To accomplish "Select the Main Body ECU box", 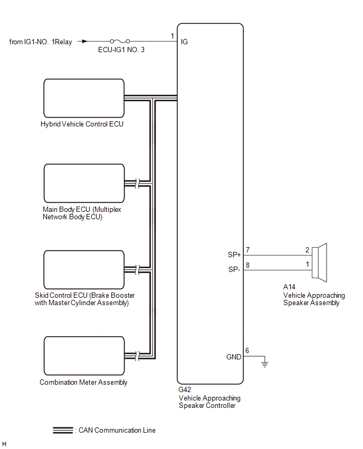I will click(x=83, y=183).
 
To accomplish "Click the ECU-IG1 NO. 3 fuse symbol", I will click(x=120, y=41).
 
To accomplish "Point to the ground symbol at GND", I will click(x=265, y=363).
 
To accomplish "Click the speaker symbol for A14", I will click(x=320, y=261).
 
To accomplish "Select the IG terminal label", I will click(x=184, y=42).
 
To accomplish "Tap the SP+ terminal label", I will click(x=234, y=255).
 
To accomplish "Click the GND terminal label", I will click(x=233, y=357).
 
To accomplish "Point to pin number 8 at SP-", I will click(x=247, y=265).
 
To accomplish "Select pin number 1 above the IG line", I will click(x=172, y=35).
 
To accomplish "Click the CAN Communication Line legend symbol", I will click(x=63, y=430).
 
